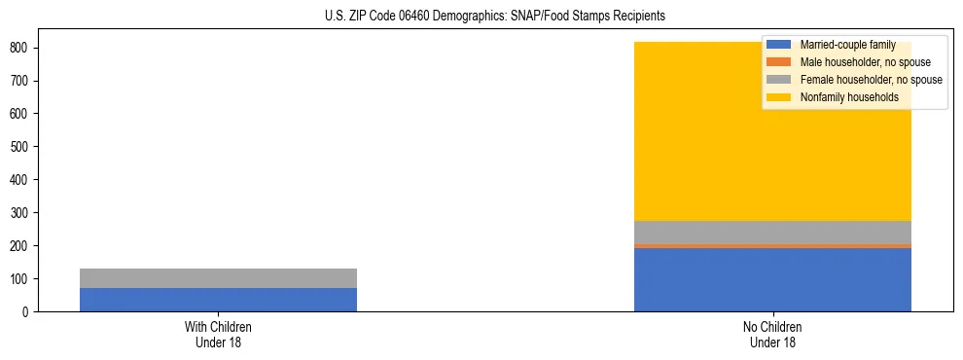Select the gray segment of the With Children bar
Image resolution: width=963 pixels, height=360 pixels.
coord(218,278)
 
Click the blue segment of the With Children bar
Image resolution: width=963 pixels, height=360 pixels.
coord(218,300)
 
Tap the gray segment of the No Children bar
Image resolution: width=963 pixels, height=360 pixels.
coord(772,232)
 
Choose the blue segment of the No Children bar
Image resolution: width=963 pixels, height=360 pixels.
coord(772,280)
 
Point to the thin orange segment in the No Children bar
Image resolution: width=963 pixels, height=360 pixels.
coord(772,246)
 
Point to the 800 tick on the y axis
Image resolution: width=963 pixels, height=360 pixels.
coord(21,48)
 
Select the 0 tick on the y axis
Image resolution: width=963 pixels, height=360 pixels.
coord(28,312)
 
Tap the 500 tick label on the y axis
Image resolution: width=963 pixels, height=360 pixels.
coord(21,147)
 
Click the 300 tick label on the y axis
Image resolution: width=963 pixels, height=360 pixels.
coord(21,213)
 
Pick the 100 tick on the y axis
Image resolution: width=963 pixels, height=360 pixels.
coord(21,279)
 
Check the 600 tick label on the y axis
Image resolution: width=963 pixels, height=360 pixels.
coord(21,114)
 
